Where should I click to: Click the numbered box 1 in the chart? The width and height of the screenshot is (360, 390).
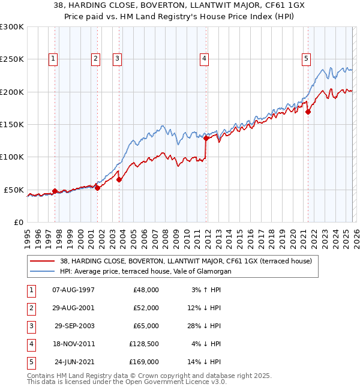click(x=54, y=58)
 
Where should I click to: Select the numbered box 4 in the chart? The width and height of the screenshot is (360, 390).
click(x=205, y=58)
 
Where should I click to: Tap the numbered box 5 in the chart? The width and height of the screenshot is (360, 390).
click(x=307, y=58)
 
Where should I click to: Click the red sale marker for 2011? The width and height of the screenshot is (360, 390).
click(x=206, y=138)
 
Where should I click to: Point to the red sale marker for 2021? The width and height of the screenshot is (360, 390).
click(x=308, y=112)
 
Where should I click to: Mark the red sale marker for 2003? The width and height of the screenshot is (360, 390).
click(x=119, y=179)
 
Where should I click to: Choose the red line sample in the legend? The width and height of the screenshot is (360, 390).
click(x=43, y=261)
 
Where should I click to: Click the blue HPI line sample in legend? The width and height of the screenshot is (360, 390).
click(x=43, y=271)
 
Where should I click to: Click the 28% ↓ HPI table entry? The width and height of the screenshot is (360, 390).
click(x=204, y=326)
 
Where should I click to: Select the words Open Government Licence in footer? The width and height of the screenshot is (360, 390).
click(x=165, y=381)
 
